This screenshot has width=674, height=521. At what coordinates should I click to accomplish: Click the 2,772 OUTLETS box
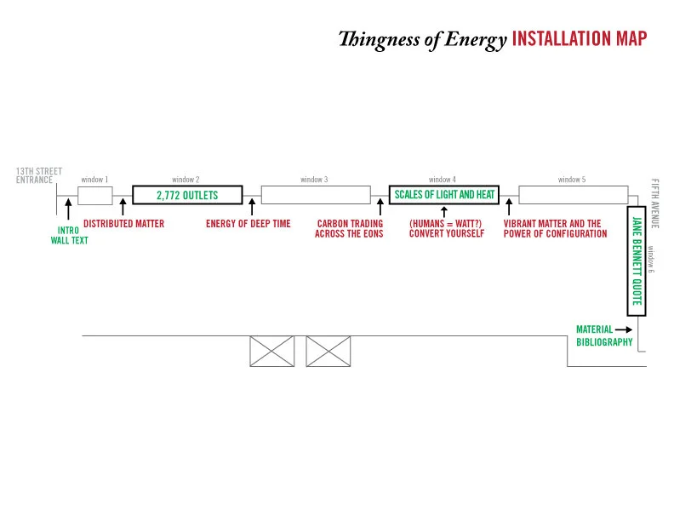coord(187,195)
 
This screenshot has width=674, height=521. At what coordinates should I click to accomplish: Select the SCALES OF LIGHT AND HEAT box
coord(444,195)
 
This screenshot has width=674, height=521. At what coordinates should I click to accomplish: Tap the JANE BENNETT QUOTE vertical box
coord(634,260)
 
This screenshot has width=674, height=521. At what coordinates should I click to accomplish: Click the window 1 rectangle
coord(95,195)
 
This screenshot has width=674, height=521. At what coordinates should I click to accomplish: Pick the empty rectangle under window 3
coord(315,195)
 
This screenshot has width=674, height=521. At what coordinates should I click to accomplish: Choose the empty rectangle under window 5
coord(572,195)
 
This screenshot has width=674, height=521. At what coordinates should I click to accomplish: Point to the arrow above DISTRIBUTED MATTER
coord(123,207)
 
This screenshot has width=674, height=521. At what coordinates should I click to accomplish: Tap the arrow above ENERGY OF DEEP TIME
coord(252,207)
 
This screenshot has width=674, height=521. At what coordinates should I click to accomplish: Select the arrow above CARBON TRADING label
coord(380,207)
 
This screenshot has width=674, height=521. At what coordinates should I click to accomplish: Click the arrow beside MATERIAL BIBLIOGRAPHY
coord(624,329)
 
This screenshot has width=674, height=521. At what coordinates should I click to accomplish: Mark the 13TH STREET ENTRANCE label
coord(39,175)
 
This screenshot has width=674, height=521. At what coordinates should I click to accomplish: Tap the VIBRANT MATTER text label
coord(552,224)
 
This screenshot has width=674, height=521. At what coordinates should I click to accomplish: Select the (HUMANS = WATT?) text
coord(446,224)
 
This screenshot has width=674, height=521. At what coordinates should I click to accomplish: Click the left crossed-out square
coord(271,351)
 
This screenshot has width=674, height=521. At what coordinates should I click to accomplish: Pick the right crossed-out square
coord(328,351)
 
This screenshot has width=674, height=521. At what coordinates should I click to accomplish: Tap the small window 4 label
coord(442,180)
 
